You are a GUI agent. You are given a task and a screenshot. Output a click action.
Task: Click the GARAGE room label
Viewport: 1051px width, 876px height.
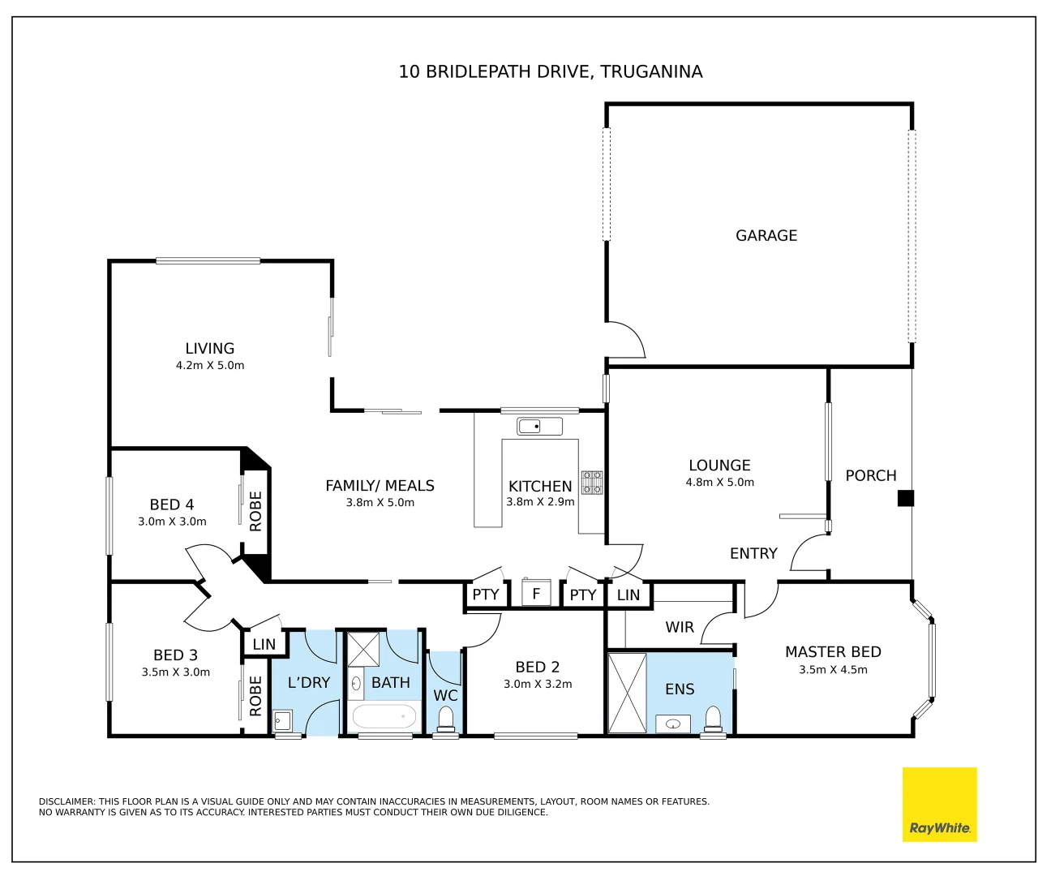coord(766,235)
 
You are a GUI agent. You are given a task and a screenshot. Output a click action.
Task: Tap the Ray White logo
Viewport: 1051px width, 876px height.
coord(939,804)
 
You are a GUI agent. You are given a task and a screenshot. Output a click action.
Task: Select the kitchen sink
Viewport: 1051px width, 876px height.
coord(539,427)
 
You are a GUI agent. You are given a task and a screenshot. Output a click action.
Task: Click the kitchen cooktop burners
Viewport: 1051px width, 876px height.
coord(592,482)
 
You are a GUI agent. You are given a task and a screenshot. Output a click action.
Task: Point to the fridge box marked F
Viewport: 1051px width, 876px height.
coord(535,594)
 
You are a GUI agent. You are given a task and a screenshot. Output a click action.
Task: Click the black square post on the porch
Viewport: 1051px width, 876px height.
coord(906,498)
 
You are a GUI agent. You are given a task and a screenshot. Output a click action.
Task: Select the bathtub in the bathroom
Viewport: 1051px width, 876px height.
coord(384,717)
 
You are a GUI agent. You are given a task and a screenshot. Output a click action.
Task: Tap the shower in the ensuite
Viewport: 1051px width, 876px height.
coord(627,693)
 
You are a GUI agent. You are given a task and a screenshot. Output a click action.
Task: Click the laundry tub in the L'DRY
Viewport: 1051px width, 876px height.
coord(282,720)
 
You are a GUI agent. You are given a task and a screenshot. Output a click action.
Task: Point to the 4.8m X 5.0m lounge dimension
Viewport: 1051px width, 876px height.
coord(719,483)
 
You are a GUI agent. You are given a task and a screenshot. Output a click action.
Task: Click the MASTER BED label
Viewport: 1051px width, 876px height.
coord(833,652)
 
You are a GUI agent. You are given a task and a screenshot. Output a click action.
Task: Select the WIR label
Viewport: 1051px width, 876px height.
coord(680,627)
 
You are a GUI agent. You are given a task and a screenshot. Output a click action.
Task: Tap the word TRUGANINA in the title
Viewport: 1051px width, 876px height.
coord(651,71)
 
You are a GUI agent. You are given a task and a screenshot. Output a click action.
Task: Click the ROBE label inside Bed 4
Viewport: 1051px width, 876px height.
coord(255,512)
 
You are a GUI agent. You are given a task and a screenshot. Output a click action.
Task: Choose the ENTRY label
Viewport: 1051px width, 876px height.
coord(753,554)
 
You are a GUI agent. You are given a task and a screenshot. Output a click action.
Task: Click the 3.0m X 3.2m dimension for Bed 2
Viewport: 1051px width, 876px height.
coord(538,685)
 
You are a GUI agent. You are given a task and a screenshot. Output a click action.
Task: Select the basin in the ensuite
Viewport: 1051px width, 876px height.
coord(673,724)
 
